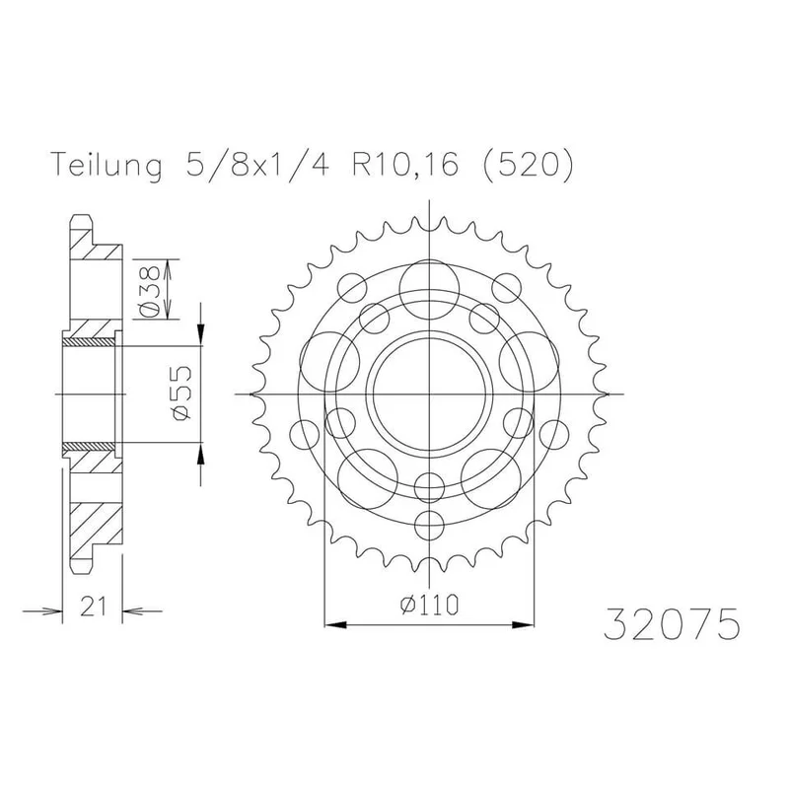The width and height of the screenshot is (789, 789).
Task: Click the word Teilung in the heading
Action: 108,164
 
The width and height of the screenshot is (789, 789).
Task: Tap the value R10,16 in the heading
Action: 405,163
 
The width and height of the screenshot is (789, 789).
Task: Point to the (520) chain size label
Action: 528,163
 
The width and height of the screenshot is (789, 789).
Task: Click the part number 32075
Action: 673,624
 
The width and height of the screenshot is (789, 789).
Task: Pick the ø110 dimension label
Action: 430,605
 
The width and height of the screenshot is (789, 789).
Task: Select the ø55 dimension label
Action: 181,393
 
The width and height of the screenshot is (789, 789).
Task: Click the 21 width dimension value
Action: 94,606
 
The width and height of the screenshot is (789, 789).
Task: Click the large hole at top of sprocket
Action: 429,290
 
